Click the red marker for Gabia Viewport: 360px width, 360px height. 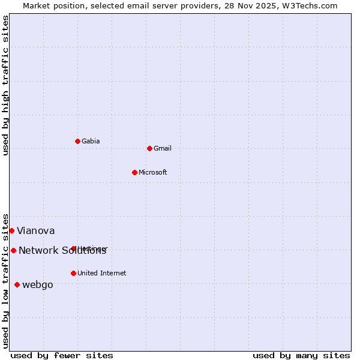pos(77,141)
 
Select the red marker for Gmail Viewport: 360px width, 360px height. pos(149,148)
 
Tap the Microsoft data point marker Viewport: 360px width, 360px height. pos(134,172)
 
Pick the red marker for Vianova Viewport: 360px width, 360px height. pos(11,230)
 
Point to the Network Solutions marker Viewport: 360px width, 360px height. pos(13,250)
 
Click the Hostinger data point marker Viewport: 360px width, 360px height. pos(73,248)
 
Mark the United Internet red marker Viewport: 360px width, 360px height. pos(73,273)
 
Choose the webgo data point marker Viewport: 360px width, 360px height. pos(17,284)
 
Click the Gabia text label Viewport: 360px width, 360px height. pos(91,142)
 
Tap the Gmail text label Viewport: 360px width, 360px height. pos(163,149)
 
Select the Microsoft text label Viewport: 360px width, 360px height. pos(153,173)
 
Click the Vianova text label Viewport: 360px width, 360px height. pos(36,231)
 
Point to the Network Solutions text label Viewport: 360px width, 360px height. pos(62,251)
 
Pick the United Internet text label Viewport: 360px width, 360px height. pos(102,274)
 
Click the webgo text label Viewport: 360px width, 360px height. pos(38,285)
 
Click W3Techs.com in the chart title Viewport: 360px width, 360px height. pos(310,6)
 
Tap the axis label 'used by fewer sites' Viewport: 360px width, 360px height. pos(62,356)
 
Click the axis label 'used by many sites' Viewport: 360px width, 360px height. pos(301,356)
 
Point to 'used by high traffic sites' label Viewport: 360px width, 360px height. pos(5,86)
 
